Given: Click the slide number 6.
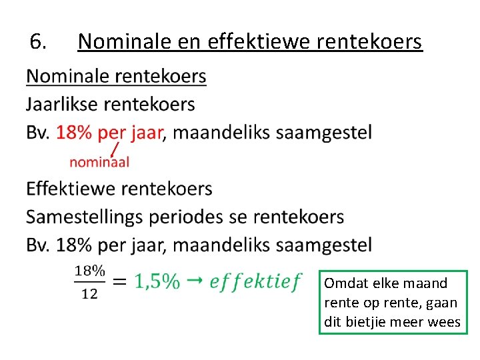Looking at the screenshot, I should point(37,42).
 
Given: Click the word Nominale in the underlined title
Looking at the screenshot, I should point(125,42).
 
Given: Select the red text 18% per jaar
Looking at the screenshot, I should point(109,133).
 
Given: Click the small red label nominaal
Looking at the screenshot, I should point(100,161).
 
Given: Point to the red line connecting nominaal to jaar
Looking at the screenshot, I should point(115,148).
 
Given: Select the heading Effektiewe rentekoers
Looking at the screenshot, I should point(119,189).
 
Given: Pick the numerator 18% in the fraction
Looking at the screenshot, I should point(89,271).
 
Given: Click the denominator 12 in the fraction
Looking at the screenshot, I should point(89,293).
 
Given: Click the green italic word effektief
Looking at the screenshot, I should point(255,282).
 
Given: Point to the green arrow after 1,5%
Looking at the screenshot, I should point(194,281).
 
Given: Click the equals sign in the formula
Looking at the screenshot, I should point(119,282).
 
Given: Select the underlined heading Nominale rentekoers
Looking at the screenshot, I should point(116,77).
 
